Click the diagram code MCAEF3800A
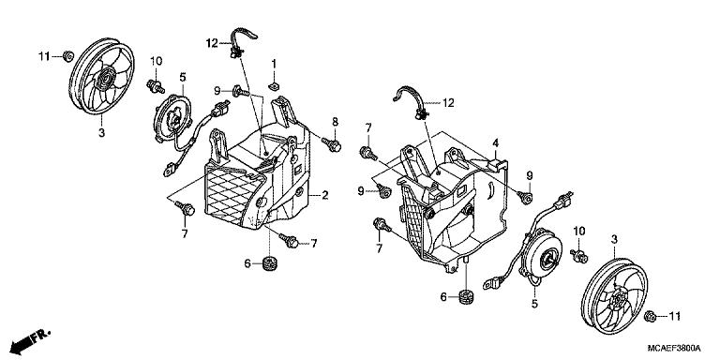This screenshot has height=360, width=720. point(674,348)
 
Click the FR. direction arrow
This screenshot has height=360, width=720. point(30,341)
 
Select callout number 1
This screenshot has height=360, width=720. point(274,64)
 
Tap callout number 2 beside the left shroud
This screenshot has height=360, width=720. point(324,196)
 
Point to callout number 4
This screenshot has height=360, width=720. point(495,143)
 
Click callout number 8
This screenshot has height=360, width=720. point(336,122)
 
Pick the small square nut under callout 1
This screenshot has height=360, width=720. point(274,85)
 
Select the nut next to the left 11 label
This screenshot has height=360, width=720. point(67,56)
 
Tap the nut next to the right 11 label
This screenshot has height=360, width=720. point(650,316)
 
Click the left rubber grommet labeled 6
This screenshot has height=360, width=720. point(269,264)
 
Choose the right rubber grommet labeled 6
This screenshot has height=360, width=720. point(467,296)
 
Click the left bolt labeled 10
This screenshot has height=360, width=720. point(156,86)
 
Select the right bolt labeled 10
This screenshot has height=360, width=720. point(579,256)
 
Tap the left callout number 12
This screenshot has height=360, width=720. point(212,44)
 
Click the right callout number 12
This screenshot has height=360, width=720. point(448,103)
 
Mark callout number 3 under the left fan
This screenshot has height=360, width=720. point(101,133)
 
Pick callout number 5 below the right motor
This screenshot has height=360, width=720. point(534,304)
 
